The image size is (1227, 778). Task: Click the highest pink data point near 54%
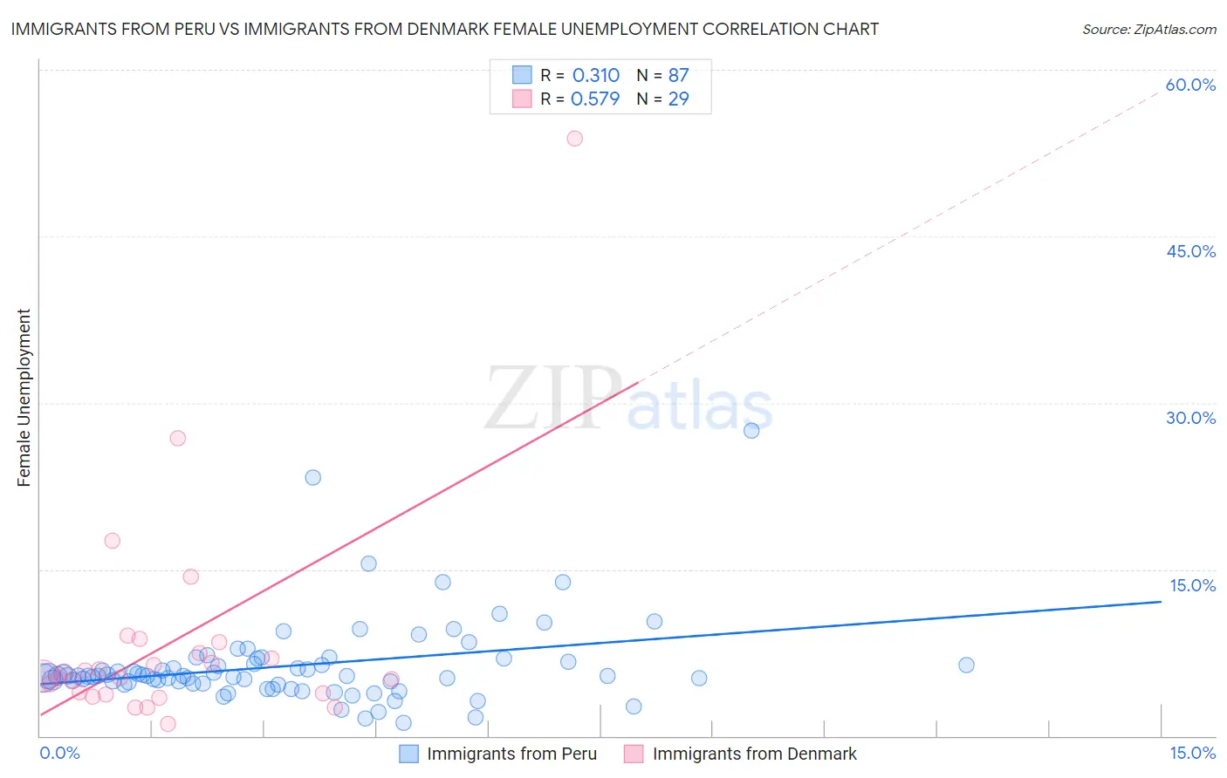click(574, 138)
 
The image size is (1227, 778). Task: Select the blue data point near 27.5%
click(751, 430)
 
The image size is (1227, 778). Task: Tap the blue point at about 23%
click(312, 477)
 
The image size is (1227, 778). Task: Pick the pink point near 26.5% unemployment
click(178, 438)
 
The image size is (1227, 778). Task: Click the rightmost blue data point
click(966, 665)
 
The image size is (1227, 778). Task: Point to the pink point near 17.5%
click(112, 540)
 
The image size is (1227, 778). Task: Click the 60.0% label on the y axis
click(1190, 85)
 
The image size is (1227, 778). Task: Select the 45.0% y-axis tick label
click(1190, 251)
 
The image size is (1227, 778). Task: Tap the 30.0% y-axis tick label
click(1190, 418)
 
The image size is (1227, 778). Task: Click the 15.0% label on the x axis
click(1192, 753)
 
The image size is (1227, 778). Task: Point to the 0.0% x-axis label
click(60, 753)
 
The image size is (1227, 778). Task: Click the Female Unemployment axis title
click(24, 398)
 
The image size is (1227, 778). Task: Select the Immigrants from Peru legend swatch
click(409, 754)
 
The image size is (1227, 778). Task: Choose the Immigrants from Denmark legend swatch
click(634, 754)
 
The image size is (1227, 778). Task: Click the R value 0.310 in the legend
click(596, 75)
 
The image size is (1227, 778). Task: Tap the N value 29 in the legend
click(678, 99)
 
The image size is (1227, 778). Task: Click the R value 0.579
click(595, 99)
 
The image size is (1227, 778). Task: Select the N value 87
click(678, 75)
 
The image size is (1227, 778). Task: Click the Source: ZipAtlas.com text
click(1148, 29)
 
